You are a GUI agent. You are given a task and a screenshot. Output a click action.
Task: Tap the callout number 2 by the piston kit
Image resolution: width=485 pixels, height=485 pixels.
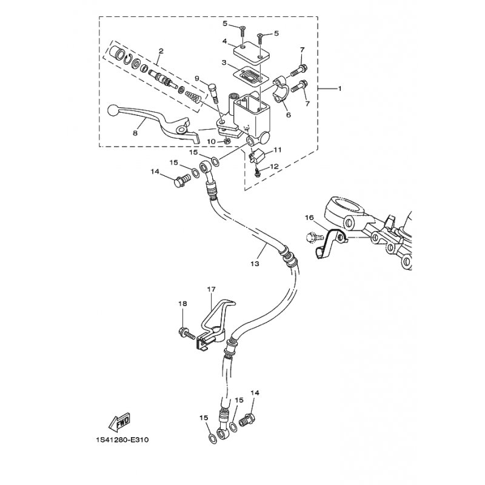point(161,51)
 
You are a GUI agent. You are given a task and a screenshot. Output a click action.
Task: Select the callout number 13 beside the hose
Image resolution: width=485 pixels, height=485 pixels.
point(254,264)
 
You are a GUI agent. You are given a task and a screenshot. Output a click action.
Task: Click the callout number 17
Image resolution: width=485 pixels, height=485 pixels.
point(210,290)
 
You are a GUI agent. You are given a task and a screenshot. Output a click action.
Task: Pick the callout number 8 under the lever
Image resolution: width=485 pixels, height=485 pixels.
point(135,132)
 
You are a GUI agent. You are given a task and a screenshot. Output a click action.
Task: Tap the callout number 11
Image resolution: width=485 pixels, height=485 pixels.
point(278,149)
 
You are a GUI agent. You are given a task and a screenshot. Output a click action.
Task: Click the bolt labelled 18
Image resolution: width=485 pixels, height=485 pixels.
point(185,332)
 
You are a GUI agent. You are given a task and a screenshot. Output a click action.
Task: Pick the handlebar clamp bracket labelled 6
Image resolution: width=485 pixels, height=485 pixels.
point(281,89)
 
